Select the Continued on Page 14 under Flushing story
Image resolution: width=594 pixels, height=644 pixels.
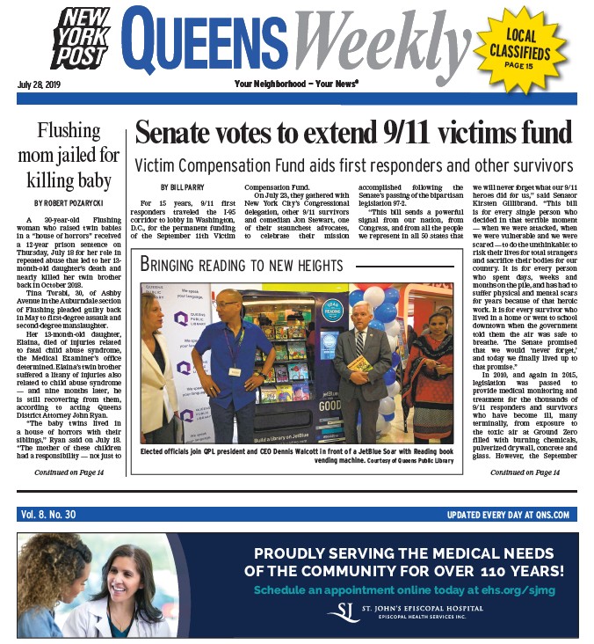[69, 473]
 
